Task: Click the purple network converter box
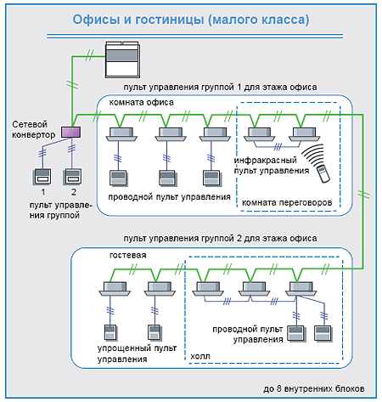[71, 132]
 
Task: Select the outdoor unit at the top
[122, 59]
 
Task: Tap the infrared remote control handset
[323, 173]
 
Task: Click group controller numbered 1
[42, 177]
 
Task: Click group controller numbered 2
[73, 176]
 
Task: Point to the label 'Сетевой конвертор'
[33, 129]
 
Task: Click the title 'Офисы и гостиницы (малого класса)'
[191, 20]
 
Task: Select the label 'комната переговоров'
[287, 202]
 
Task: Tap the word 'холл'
[200, 356]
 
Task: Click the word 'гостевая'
[127, 255]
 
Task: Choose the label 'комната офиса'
[141, 102]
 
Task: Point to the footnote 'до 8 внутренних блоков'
[314, 388]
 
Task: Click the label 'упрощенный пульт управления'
[137, 354]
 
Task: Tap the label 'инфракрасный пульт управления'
[272, 166]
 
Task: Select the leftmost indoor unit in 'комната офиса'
[121, 134]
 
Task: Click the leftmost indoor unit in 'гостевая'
[115, 289]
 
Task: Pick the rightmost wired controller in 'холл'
[323, 333]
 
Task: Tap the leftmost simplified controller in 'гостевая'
[110, 332]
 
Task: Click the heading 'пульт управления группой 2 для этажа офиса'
[220, 238]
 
